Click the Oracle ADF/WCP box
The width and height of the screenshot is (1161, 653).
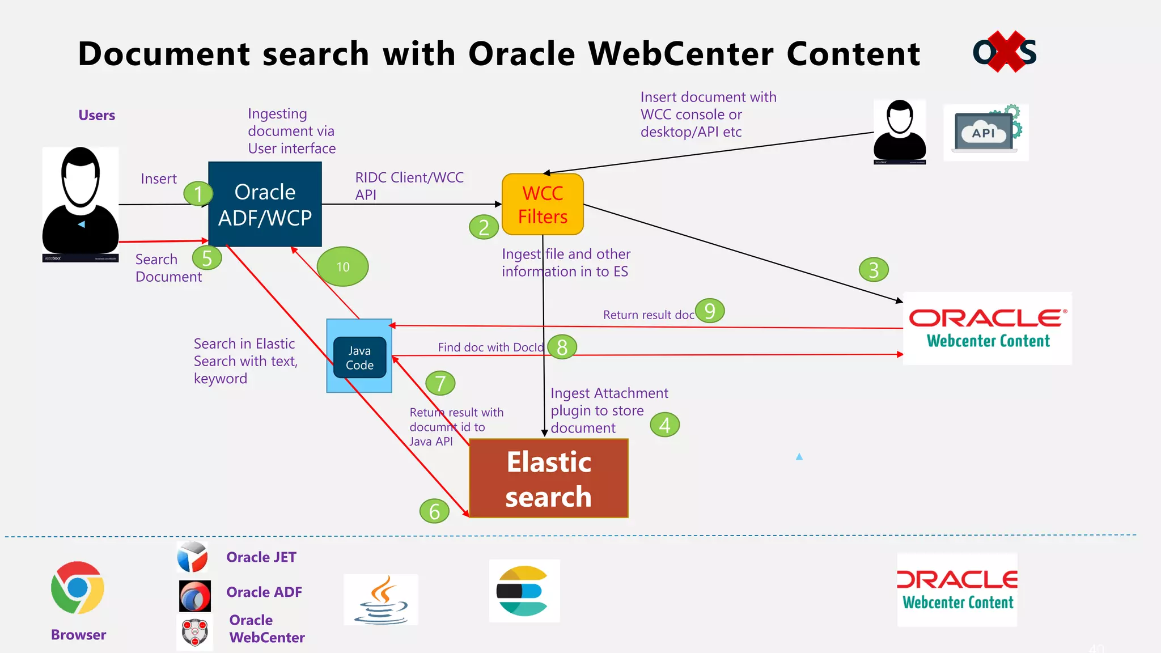[265, 204]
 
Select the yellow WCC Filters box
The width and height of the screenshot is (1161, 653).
[543, 204]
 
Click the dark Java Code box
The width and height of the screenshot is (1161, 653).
[359, 358]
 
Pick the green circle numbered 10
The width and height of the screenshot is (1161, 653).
[342, 266]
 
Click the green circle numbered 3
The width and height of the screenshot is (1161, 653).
[873, 270]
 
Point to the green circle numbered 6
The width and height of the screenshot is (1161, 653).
[434, 511]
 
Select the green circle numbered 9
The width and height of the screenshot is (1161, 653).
[709, 311]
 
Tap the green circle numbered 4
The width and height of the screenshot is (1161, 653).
[664, 425]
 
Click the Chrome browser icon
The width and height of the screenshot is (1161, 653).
[78, 588]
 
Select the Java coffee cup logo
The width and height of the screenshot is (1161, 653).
[381, 600]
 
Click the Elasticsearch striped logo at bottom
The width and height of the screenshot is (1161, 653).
[524, 591]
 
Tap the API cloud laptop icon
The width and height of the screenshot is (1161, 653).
[986, 133]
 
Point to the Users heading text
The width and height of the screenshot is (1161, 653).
[96, 115]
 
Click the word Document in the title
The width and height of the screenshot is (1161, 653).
[164, 54]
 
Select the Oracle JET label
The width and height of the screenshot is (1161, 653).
[261, 557]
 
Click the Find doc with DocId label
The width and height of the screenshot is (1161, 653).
[490, 347]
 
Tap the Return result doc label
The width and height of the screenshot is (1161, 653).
[648, 315]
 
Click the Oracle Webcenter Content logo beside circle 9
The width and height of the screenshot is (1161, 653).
[987, 328]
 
